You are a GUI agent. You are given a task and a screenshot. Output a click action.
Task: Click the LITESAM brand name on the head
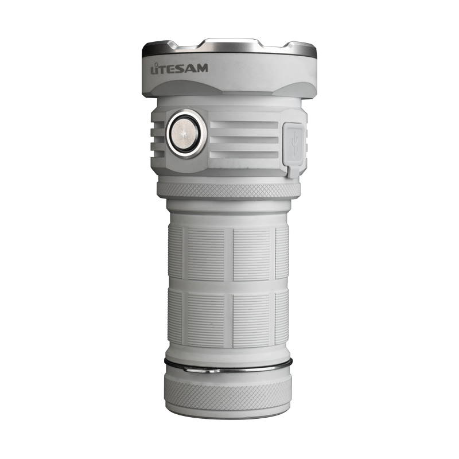coord(179,68)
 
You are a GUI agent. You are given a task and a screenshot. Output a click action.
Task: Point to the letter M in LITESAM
coord(202,68)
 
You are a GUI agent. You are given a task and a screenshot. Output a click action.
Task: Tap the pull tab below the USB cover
coord(293,172)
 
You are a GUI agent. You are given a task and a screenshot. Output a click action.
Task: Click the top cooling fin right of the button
coord(244,125)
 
